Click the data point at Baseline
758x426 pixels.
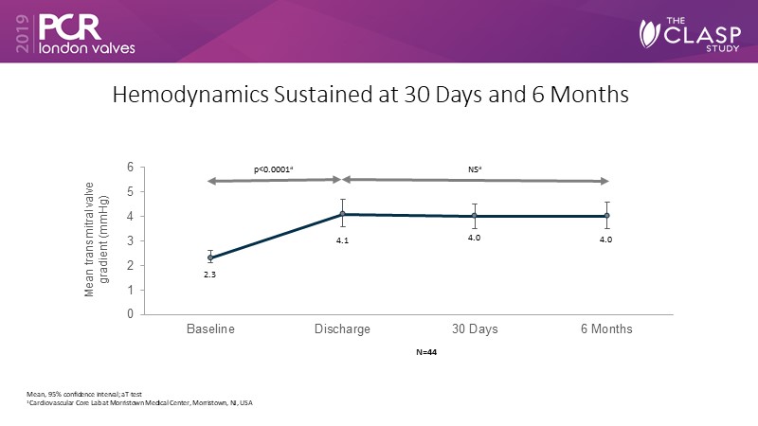click(209, 257)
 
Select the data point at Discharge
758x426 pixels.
click(342, 214)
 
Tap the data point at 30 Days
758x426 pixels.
click(475, 216)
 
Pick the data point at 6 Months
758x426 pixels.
click(607, 216)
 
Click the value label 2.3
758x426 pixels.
click(209, 275)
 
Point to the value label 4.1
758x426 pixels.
click(343, 240)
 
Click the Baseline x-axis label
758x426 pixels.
click(209, 328)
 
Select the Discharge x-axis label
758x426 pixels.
click(342, 328)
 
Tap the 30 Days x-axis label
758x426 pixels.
click(475, 328)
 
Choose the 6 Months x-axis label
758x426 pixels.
click(607, 328)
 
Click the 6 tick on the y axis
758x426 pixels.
click(130, 168)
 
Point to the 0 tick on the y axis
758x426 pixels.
click(130, 314)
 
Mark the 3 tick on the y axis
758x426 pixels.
click(130, 240)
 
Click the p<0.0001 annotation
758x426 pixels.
click(274, 169)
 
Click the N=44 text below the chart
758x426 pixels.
click(423, 353)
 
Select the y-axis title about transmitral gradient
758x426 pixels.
click(98, 241)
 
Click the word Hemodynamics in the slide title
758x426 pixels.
click(183, 96)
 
